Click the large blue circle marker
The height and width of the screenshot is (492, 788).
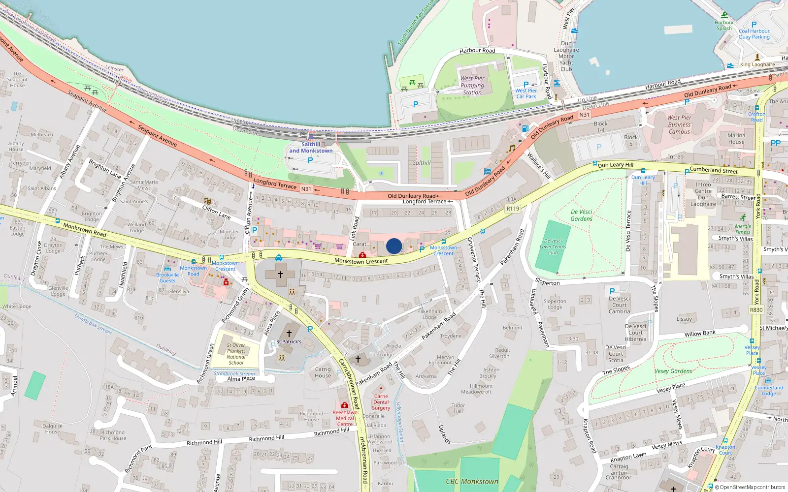coord(394,246)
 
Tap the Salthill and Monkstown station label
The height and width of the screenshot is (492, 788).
coord(311,148)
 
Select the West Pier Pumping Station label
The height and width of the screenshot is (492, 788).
coord(472,85)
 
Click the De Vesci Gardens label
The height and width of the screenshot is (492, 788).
coord(581,215)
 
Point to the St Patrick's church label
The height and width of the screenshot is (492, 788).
coord(289,341)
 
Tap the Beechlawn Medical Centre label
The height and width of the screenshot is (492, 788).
coord(345,418)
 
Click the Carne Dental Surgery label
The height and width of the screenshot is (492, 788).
coord(381,402)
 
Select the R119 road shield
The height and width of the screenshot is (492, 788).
coord(513,209)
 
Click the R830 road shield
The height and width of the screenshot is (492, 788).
coord(756,310)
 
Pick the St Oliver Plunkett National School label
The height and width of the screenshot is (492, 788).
coord(236,354)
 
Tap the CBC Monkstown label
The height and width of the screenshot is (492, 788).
coord(472,482)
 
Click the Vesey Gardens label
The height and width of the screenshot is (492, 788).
coord(673,371)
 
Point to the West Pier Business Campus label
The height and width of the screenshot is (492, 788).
coord(679,124)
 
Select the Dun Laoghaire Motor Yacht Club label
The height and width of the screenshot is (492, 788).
coord(566,56)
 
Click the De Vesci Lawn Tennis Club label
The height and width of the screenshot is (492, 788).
coord(553,247)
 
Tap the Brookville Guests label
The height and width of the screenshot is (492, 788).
coord(167,277)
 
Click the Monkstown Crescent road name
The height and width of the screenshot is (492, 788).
coord(361,261)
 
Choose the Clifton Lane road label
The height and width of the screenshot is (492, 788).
coord(216,212)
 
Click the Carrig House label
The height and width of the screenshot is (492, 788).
coord(323,372)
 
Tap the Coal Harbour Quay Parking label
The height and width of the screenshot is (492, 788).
coord(754,34)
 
